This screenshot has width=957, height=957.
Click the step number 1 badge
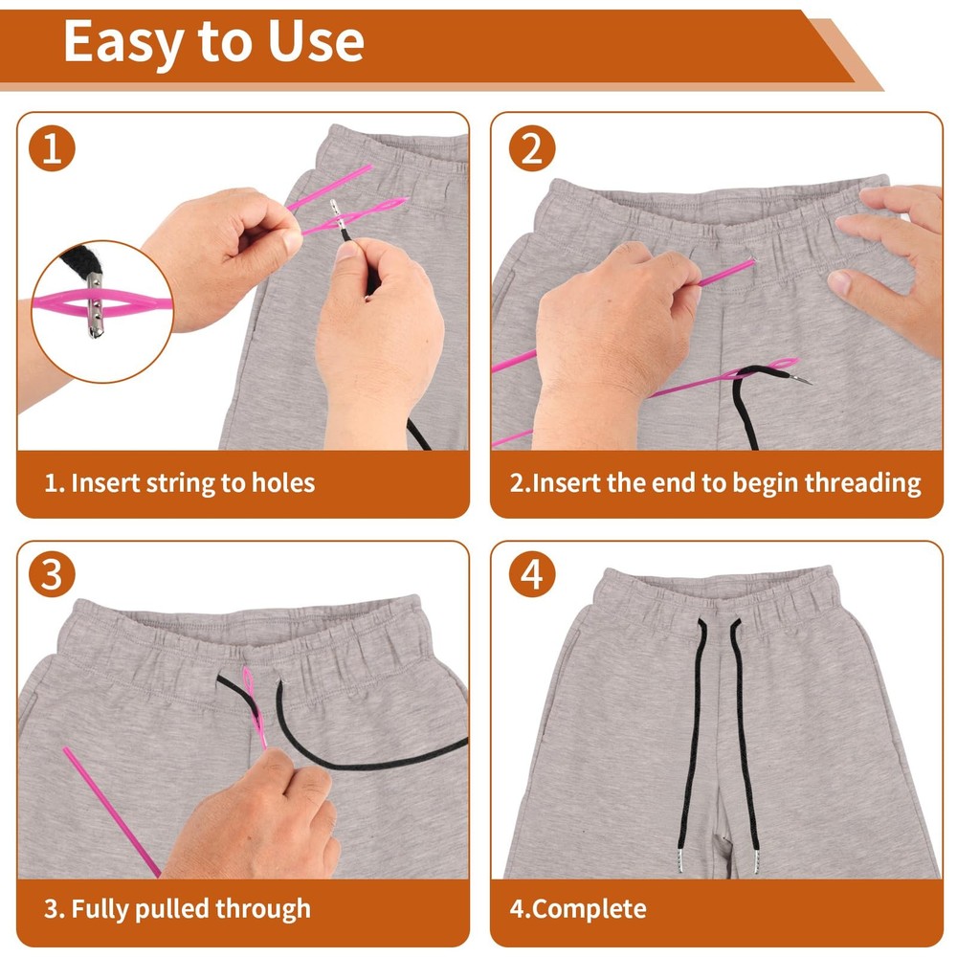[52, 149]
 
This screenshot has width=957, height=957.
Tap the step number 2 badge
[532, 149]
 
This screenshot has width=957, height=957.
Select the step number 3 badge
[52, 576]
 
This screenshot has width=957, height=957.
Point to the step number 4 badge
[532, 576]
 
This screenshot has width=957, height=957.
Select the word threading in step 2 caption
[862, 483]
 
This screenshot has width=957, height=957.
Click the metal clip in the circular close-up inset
[94, 304]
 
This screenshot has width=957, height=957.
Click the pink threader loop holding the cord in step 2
[766, 367]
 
